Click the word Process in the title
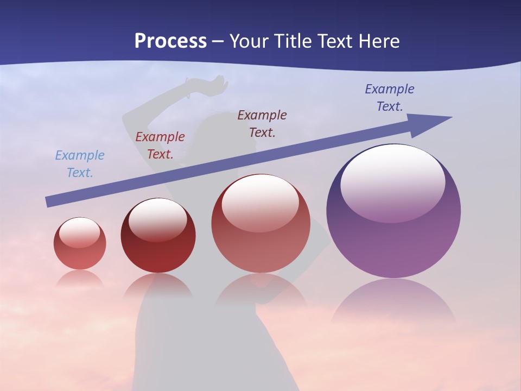170,41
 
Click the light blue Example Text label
80,164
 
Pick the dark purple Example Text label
390,98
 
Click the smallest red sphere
80,253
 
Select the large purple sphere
393,239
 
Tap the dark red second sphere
158,250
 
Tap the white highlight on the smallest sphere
79,232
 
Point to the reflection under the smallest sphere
80,278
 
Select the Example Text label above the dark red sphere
160,146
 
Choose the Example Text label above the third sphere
262,123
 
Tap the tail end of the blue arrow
49,202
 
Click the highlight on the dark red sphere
157,217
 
